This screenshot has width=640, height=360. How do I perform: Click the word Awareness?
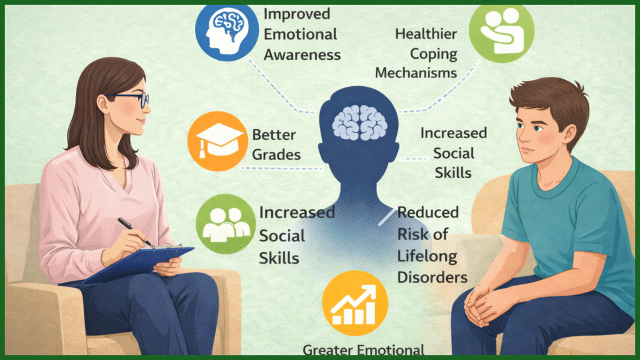tap(302, 54)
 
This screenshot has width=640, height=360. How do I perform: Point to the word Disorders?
tap(432, 276)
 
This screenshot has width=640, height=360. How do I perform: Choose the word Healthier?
tap(426, 34)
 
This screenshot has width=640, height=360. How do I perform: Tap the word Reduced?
tap(428, 212)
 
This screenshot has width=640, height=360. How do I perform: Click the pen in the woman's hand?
tap(135, 232)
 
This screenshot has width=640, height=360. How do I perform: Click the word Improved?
tap(296, 12)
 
